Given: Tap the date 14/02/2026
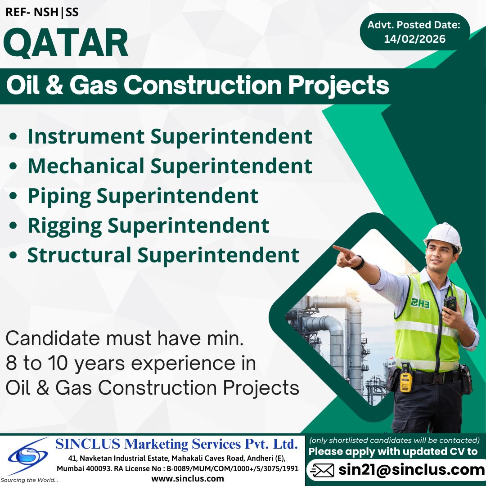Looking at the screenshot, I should click(414, 39).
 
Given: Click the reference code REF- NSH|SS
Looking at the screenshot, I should click(42, 12).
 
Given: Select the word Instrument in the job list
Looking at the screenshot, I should click(86, 136).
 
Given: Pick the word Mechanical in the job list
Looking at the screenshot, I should click(86, 166).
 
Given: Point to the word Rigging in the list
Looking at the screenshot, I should click(63, 225).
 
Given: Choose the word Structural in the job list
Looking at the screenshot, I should click(79, 255).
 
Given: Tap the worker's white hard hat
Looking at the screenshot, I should click(443, 235).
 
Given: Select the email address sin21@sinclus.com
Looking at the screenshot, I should click(411, 470).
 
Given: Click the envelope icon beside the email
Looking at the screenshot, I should click(323, 470).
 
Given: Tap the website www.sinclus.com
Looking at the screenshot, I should click(187, 478).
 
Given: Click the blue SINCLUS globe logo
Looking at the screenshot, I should click(28, 457).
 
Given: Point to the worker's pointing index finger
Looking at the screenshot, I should click(338, 248).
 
